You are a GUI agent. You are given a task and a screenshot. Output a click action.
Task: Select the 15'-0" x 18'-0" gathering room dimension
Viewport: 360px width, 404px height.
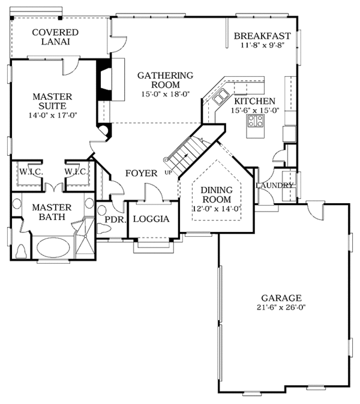click(x=165, y=94)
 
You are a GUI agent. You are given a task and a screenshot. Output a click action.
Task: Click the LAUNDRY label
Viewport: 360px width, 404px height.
click(x=274, y=185)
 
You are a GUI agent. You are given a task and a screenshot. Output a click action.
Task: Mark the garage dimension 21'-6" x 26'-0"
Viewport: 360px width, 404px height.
click(x=281, y=307)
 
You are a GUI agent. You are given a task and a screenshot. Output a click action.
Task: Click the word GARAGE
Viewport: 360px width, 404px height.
click(x=281, y=298)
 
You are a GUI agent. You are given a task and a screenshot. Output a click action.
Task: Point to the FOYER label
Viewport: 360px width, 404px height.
click(x=141, y=174)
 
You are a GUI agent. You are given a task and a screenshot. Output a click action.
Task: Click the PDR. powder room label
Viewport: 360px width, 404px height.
click(x=114, y=219)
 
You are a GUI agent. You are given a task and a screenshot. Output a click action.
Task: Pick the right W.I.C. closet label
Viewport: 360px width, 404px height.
click(x=77, y=171)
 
